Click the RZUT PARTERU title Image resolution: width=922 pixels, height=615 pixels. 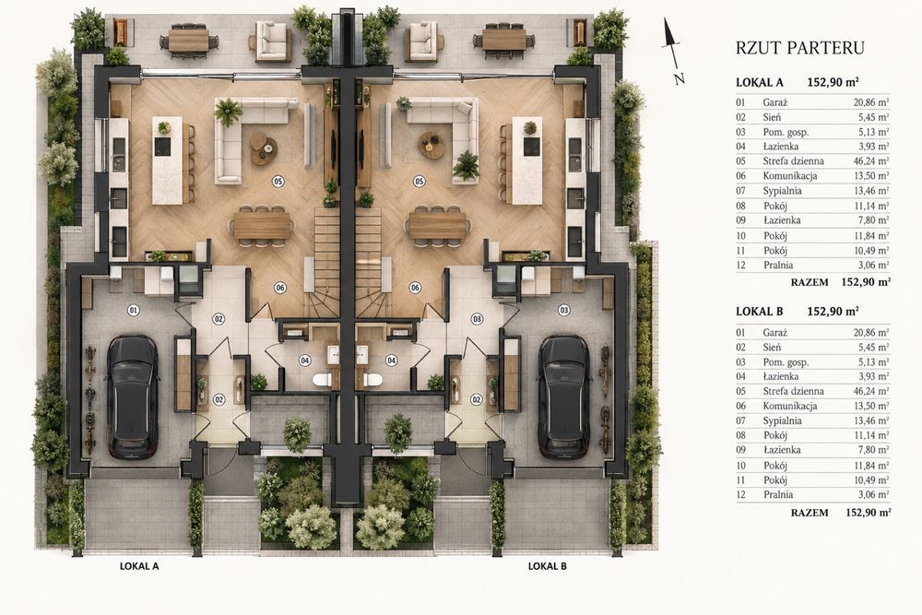[799, 48]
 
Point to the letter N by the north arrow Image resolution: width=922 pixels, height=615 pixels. [680, 78]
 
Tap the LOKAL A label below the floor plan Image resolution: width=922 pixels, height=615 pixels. [139, 566]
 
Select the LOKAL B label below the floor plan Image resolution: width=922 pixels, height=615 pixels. [548, 566]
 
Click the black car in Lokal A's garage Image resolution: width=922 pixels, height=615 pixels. [134, 396]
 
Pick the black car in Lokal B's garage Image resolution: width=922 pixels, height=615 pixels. [564, 396]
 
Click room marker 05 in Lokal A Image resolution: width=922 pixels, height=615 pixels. [278, 182]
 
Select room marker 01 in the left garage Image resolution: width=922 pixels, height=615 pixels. [134, 310]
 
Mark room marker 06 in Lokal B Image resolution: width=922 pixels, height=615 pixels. [415, 288]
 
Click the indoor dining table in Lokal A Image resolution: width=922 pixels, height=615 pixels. [262, 226]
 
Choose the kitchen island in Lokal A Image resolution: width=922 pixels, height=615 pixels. [168, 160]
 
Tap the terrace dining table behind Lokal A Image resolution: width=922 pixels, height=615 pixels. [190, 41]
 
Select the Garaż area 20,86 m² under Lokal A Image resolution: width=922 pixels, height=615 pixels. [871, 102]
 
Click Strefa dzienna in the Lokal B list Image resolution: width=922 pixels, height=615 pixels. [793, 391]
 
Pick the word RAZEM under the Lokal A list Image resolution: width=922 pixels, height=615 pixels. [810, 282]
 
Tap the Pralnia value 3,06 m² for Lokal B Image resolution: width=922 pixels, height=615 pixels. [874, 495]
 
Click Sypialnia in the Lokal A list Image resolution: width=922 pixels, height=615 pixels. [782, 191]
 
